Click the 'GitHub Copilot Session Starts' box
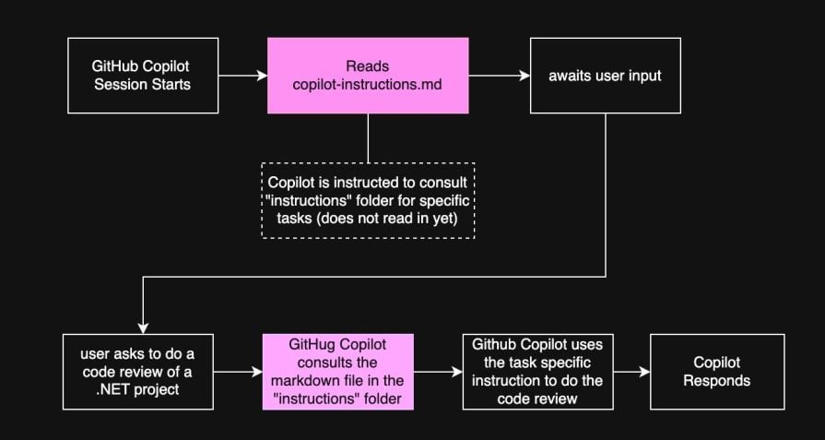[142, 76]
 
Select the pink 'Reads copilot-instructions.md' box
[368, 76]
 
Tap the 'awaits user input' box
[606, 76]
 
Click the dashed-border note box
[368, 201]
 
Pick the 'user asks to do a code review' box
[138, 372]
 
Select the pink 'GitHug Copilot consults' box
[339, 372]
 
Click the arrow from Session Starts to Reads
[242, 76]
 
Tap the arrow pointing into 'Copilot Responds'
[631, 372]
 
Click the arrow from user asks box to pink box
[238, 372]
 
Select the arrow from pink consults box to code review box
[438, 372]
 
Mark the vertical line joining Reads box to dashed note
[368, 138]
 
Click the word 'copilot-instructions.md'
[368, 85]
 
